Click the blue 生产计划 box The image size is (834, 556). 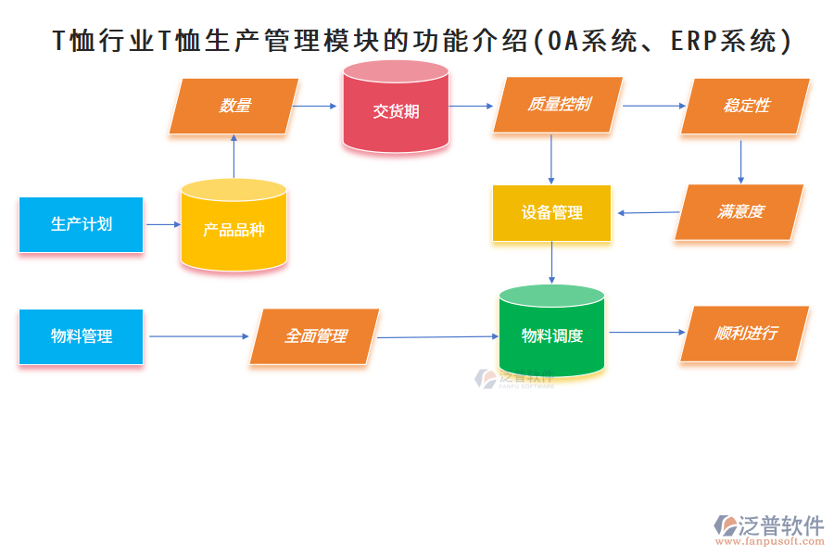coord(81,224)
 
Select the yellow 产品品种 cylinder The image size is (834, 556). coord(234,228)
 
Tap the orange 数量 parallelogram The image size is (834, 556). coord(234,106)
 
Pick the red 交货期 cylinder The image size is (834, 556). coord(396,110)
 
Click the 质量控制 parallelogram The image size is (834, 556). coord(558,105)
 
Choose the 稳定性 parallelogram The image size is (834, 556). coord(746,106)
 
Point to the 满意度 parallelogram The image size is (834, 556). coord(739,212)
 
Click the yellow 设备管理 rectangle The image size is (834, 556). coord(551,213)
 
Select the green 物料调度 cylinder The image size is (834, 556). coord(551,335)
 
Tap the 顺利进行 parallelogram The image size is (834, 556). coord(745,334)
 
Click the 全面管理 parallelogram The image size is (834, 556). coord(315,335)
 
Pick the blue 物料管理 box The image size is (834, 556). coord(81,336)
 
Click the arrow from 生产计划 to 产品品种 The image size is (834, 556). coord(163,224)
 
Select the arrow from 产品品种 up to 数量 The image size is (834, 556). coord(234,156)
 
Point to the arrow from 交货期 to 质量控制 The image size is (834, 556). coord(471,106)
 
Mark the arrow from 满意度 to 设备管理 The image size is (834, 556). coord(648,213)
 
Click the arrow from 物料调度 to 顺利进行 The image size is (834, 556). coord(647,333)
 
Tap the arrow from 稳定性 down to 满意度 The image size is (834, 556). coord(740,158)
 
